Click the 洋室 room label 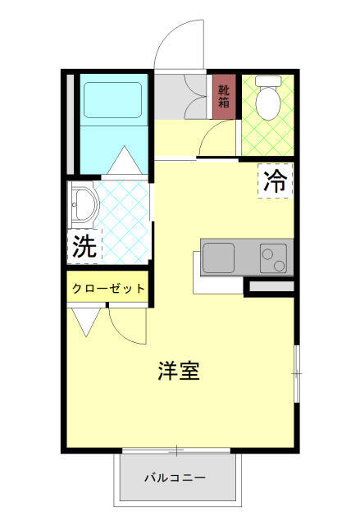tap(179, 371)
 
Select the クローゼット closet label tap(108, 289)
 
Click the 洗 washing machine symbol tap(83, 246)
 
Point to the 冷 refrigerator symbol tap(276, 181)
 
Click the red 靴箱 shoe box tap(224, 97)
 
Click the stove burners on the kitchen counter tap(274, 259)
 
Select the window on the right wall tap(297, 373)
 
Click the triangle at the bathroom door tap(125, 159)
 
